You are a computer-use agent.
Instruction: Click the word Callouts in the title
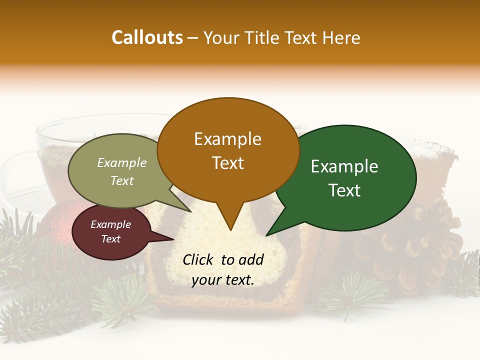147,37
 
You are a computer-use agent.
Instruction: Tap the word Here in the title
341,37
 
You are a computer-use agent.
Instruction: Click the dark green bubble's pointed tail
267,234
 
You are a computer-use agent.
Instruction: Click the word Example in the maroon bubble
110,224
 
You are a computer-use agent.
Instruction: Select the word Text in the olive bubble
122,181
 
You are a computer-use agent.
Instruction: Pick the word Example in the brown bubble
227,139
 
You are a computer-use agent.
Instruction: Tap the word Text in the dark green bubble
345,190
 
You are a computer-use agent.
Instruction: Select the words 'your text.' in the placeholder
223,280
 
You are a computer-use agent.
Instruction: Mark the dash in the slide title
193,38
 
